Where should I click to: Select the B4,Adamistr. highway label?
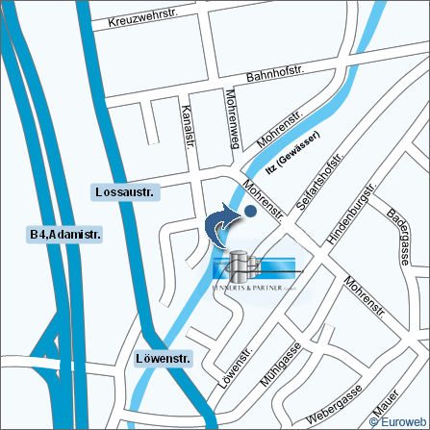click(x=65, y=234)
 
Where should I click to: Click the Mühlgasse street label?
click(x=281, y=364)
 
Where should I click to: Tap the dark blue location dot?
click(x=250, y=211)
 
